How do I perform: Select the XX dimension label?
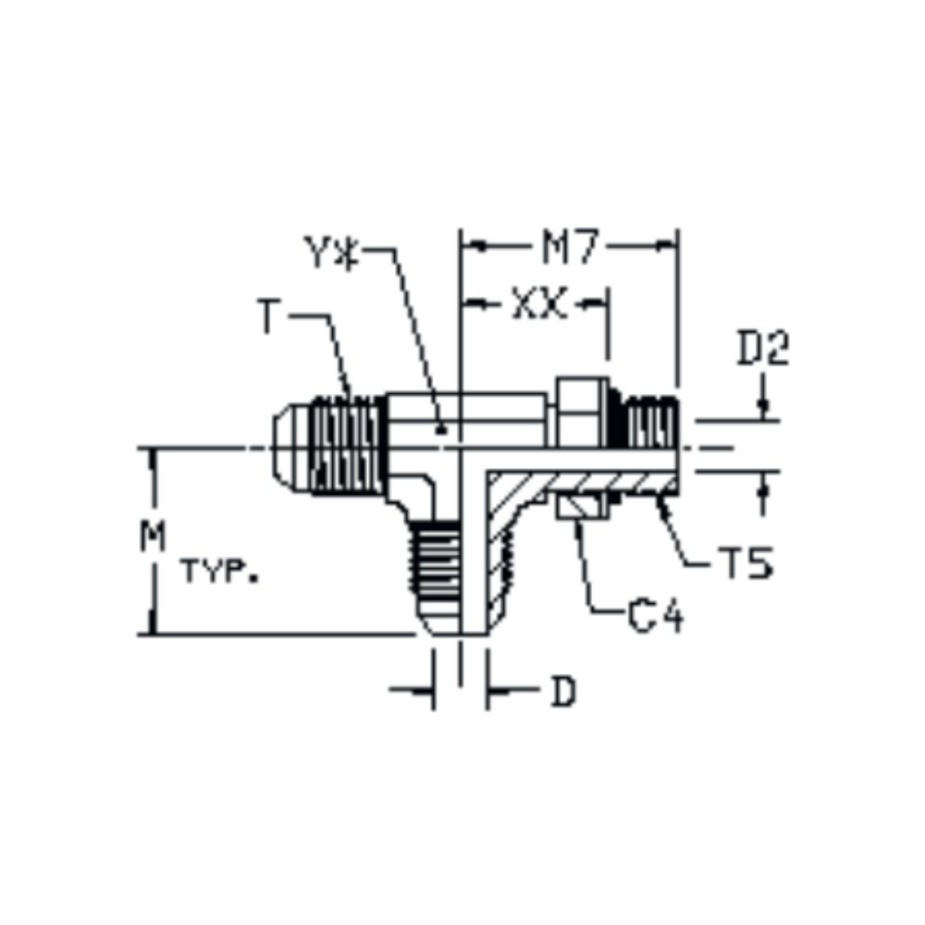tap(539, 304)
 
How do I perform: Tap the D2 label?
tap(763, 350)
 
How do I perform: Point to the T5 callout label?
tap(746, 563)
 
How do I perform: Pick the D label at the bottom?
tap(562, 693)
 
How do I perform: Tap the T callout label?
tap(268, 319)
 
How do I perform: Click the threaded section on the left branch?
tap(347, 446)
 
